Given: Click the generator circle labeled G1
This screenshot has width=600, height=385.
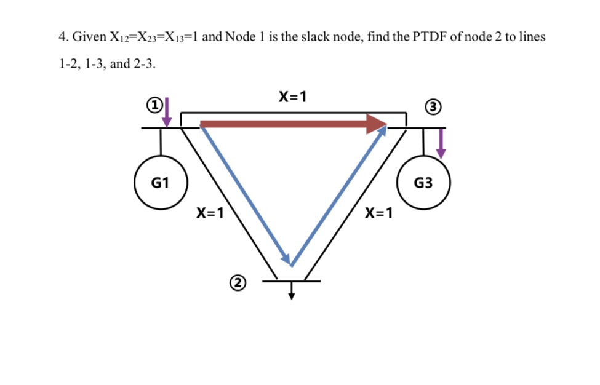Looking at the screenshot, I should (161, 183).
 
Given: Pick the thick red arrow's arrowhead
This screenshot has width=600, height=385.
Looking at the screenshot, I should (376, 124).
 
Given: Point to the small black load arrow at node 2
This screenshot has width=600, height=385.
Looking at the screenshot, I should (292, 292).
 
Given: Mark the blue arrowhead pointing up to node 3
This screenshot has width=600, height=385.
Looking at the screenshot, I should (382, 131).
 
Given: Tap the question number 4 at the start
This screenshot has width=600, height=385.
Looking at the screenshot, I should (62, 37).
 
